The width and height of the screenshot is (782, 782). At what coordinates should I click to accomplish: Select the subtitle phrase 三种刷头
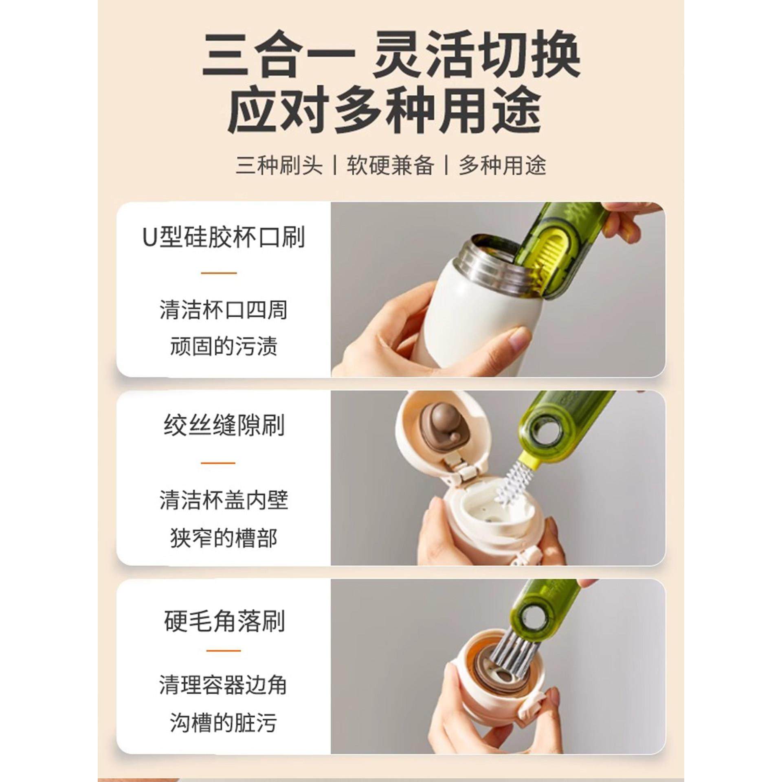point(279,166)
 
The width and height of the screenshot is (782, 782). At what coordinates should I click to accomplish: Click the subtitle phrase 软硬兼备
point(390,166)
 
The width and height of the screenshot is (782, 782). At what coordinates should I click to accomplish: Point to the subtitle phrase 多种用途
point(502,166)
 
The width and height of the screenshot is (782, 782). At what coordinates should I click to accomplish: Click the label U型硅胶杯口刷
point(224,237)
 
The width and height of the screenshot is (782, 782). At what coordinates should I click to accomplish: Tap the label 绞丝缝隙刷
point(224,426)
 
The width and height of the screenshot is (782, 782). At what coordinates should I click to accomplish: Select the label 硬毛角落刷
point(224,622)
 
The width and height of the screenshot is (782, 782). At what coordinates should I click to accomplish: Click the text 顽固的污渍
point(224,347)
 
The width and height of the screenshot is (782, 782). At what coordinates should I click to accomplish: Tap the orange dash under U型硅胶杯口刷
point(219,273)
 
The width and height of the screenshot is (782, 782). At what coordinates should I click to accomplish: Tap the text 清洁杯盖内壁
point(224,501)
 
